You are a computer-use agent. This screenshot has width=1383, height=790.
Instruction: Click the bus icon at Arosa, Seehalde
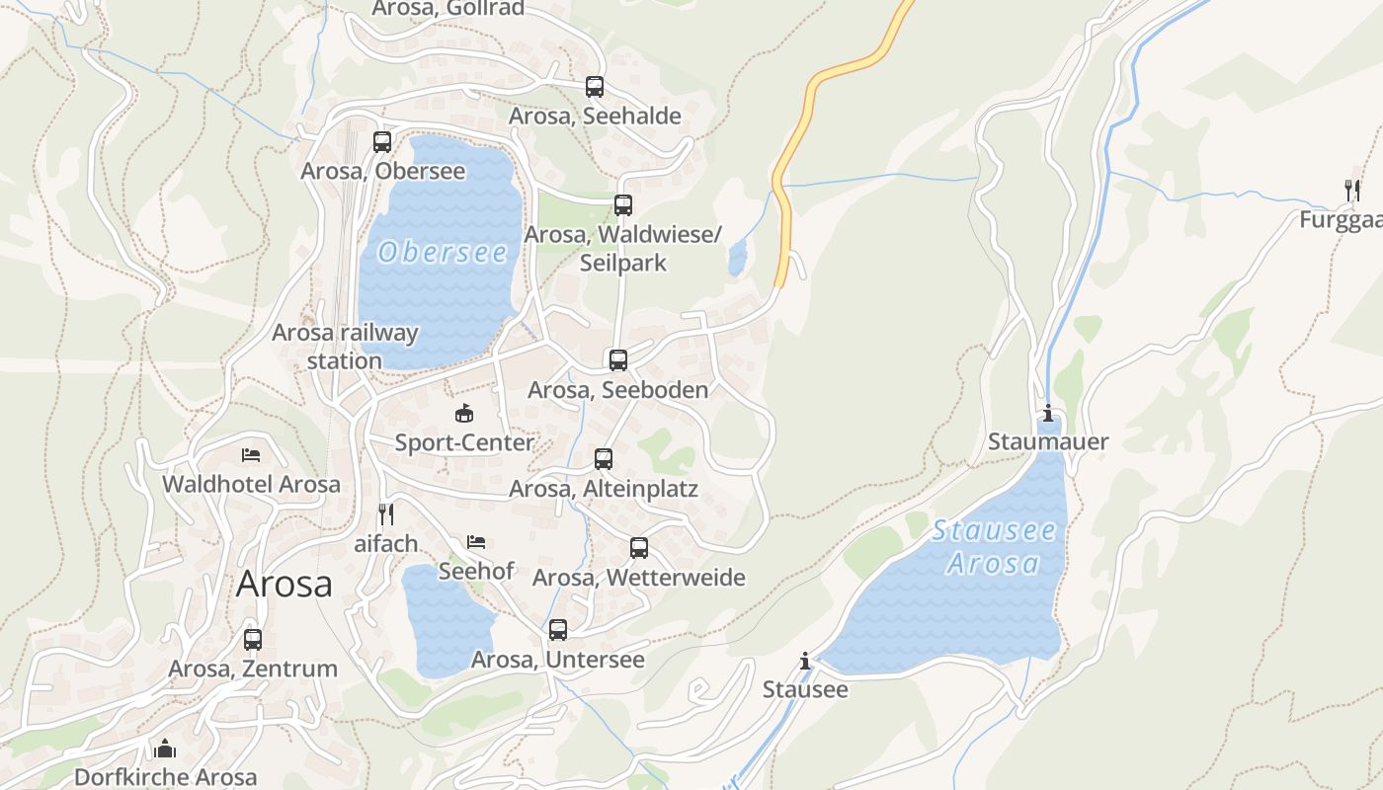[x=594, y=87]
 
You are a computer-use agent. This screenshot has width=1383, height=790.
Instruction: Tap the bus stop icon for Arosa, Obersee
[x=382, y=142]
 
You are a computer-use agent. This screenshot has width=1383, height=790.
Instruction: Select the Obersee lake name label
[x=443, y=253]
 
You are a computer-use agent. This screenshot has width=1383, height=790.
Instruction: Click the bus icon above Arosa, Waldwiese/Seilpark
[x=622, y=205]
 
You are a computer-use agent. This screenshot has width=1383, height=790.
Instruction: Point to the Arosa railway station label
[x=345, y=347]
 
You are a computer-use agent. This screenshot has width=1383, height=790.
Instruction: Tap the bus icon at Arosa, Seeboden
[x=618, y=360]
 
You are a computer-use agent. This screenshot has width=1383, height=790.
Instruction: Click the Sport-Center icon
[x=464, y=413]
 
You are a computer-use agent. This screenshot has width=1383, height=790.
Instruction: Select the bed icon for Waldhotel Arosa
[x=251, y=455]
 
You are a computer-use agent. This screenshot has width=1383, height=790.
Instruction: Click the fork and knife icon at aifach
[x=386, y=514]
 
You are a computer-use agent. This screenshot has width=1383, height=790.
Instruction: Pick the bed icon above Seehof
[x=476, y=542]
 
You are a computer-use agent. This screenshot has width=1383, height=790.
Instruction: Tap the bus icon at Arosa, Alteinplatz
[x=604, y=459]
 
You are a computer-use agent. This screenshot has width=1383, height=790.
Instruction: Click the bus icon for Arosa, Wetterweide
[x=639, y=548]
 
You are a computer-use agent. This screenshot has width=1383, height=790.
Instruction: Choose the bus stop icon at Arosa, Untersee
[x=558, y=630]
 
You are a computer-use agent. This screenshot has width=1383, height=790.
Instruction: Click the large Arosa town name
[x=285, y=585]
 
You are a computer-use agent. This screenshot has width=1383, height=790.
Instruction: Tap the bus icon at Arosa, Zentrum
[x=253, y=640]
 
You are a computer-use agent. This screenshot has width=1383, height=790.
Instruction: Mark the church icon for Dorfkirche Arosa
[x=165, y=749]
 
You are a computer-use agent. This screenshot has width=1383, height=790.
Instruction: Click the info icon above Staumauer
[x=1048, y=413]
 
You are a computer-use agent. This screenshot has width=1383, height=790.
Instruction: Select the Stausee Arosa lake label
[x=994, y=547]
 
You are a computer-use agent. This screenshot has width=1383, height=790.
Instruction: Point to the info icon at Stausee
[x=805, y=660]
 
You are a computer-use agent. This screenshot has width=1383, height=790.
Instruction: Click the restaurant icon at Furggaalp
[x=1351, y=190]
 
